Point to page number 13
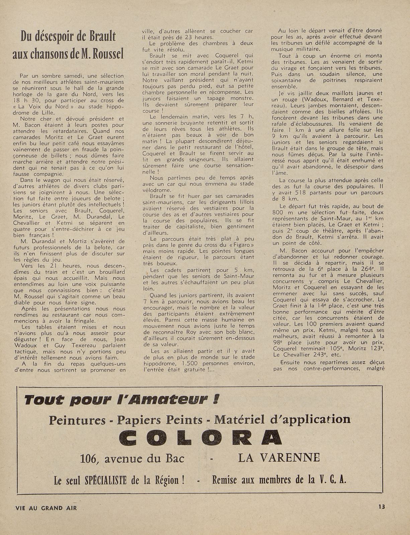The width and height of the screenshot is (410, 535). click(382, 507)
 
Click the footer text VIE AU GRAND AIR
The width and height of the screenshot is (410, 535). click(46, 508)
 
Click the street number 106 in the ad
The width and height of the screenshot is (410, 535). click(89, 458)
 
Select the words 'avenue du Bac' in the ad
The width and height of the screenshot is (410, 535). click(144, 458)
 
